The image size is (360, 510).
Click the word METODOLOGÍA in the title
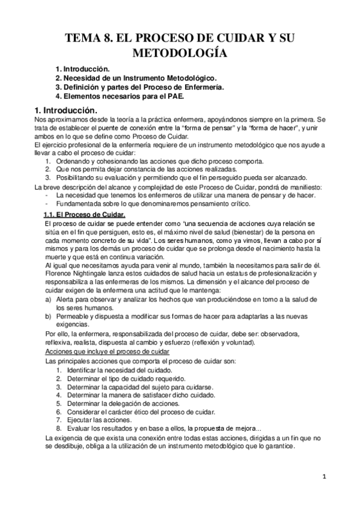(180, 54)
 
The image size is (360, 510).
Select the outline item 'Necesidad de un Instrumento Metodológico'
(136, 78)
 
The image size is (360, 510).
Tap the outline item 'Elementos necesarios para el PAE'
(120, 96)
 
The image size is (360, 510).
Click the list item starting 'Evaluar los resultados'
(156, 429)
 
